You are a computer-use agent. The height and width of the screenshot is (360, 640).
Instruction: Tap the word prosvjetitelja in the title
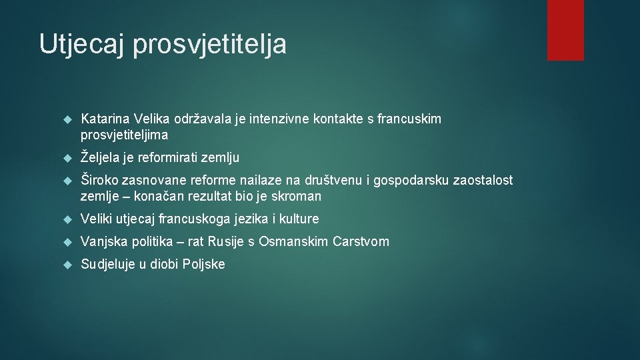click(x=210, y=44)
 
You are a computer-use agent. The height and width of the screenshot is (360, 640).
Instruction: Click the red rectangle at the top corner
click(x=565, y=29)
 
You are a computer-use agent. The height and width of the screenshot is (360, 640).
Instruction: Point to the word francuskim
click(x=409, y=119)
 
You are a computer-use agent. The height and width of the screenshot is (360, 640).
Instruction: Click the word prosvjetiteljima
click(x=125, y=135)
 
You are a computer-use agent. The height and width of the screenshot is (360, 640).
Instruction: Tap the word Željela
click(x=99, y=158)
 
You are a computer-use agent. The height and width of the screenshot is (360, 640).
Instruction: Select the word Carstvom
click(x=361, y=241)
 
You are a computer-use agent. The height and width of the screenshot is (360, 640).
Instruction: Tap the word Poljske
click(x=204, y=264)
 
